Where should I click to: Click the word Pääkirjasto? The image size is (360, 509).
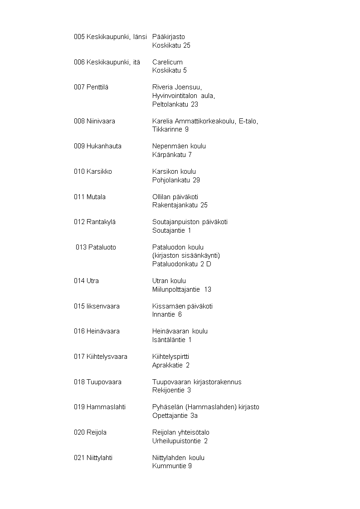(x=169, y=37)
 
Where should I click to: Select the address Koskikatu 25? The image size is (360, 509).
(x=171, y=45)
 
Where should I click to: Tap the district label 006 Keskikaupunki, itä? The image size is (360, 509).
(x=107, y=62)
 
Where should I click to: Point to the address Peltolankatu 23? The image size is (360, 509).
(x=175, y=104)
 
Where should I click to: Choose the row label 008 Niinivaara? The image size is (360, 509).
(x=94, y=121)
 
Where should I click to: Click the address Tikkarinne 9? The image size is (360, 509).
(x=170, y=130)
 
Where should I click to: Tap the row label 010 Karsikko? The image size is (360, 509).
(x=93, y=171)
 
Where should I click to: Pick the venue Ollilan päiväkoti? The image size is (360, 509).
(x=175, y=197)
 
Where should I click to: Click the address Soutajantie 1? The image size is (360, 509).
(x=172, y=230)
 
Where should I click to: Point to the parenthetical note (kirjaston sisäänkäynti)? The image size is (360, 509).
(x=186, y=256)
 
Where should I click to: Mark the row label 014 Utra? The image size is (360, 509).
(x=86, y=281)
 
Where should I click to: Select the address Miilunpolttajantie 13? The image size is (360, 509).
(x=182, y=289)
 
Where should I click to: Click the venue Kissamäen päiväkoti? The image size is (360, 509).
(x=183, y=306)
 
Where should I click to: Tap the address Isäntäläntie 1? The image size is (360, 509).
(x=172, y=340)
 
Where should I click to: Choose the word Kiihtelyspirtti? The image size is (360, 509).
(x=170, y=357)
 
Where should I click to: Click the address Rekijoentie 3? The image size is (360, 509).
(x=171, y=390)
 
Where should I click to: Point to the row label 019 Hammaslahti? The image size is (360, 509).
(x=100, y=407)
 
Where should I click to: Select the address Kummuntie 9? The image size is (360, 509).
(x=172, y=466)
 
